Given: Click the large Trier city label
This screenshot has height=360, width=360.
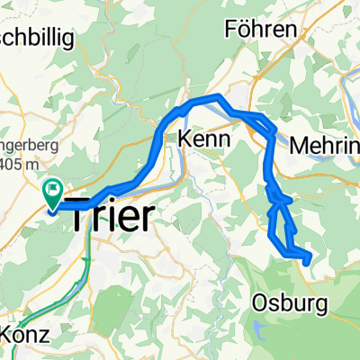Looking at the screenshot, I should (x=113, y=216).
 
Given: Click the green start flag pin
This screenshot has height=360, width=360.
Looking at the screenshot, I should (x=51, y=191).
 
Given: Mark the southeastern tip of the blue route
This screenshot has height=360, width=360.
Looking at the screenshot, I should (x=309, y=260).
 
